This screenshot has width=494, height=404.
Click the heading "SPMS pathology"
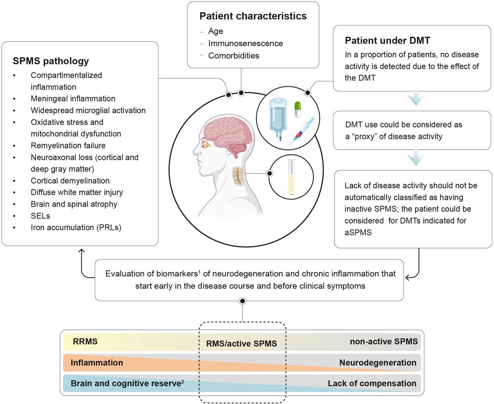[51, 61]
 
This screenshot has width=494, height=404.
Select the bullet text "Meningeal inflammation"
[73, 99]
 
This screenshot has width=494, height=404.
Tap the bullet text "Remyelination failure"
[68, 146]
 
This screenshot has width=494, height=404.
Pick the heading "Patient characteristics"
[253, 16]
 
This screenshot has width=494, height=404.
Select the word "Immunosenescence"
[246, 43]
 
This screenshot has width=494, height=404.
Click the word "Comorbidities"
[233, 56]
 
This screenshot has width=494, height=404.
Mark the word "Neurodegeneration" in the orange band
[377, 363]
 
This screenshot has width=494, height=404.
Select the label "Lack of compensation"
[372, 384]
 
